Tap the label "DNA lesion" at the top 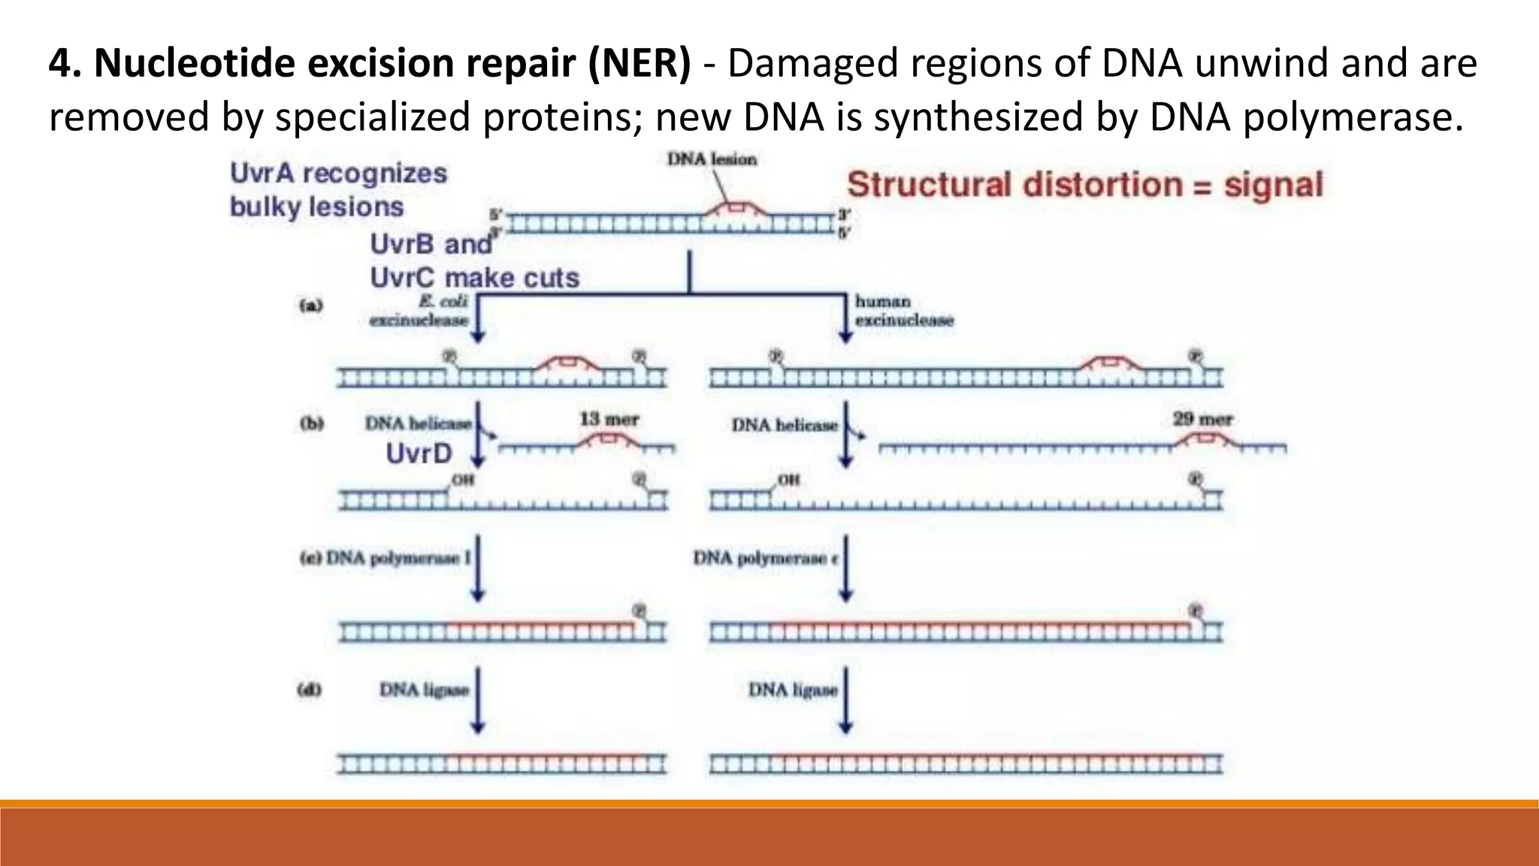712,159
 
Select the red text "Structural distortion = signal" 1084,185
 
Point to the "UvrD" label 419,453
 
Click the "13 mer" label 608,419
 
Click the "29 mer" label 1202,419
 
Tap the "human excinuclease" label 903,310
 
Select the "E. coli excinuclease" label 419,310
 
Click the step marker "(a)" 310,305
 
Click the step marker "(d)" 310,689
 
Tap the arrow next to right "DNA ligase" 846,699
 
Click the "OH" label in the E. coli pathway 463,480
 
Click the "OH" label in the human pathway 788,480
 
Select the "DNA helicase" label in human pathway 785,425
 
